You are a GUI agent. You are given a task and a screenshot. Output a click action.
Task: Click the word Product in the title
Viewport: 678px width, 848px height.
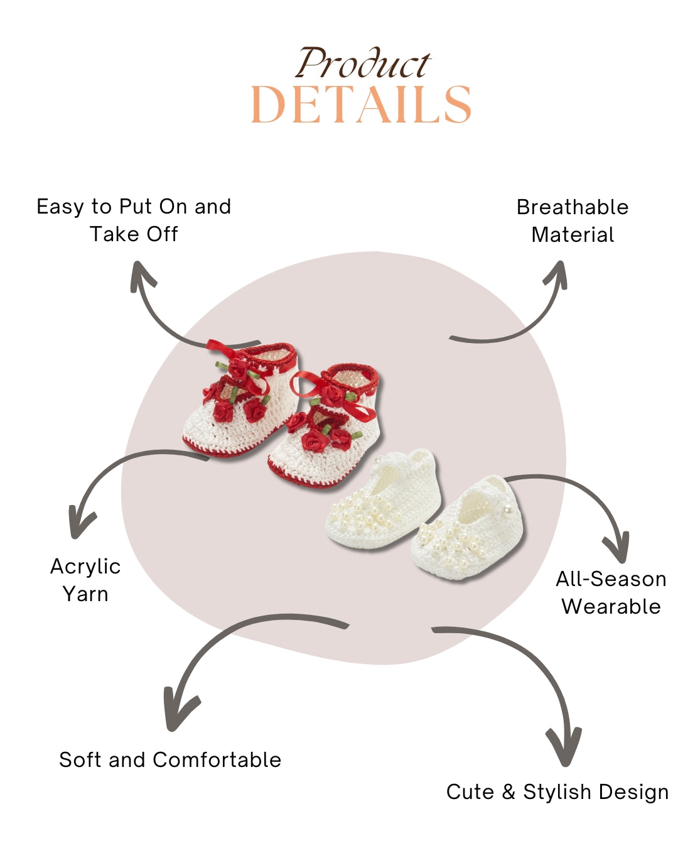[x=363, y=64]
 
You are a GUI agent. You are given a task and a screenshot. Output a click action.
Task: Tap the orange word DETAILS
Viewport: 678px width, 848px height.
[x=361, y=105]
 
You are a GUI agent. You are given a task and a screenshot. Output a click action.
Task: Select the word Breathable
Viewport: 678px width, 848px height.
[x=572, y=207]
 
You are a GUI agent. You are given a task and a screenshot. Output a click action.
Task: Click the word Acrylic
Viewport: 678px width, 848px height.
[x=85, y=567]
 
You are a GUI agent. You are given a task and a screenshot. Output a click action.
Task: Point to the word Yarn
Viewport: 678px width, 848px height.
[x=85, y=594]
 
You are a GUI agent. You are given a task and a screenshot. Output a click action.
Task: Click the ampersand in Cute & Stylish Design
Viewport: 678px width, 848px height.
[x=508, y=792]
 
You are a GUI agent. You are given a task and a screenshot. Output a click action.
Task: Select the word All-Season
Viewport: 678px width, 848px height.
[x=611, y=579]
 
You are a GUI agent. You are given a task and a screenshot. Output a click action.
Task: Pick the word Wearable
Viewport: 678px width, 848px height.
[x=611, y=607]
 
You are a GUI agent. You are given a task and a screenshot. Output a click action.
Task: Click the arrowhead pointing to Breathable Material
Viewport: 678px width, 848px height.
[x=557, y=274]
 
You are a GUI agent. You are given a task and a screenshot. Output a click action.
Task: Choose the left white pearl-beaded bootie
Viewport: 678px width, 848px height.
[x=383, y=503]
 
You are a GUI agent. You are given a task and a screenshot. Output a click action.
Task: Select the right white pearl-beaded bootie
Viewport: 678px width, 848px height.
[x=468, y=531]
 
